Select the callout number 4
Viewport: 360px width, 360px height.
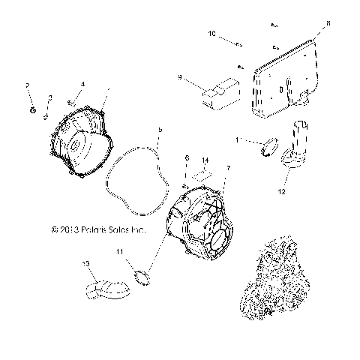pos(82,83)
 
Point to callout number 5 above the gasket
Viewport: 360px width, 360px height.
pos(158,130)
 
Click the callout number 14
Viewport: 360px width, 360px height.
pos(205,160)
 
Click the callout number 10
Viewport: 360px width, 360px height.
pos(211,34)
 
